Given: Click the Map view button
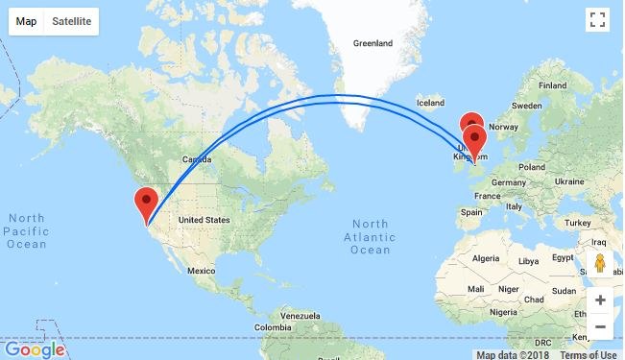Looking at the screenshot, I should point(27,21).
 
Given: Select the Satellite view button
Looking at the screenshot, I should point(72,21).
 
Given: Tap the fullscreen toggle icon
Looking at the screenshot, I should point(597,21).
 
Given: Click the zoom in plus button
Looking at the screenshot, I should point(599,300).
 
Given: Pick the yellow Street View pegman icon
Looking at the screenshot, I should point(599,263).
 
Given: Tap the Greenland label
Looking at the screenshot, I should point(373,44).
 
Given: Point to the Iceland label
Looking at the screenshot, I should point(431,103).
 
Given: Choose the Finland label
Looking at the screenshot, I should point(553,86).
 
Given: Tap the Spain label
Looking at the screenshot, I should point(470,212).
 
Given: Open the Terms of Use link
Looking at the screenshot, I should point(589,354).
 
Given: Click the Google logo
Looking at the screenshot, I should point(34,349).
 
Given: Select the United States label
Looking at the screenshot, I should point(204,220).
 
